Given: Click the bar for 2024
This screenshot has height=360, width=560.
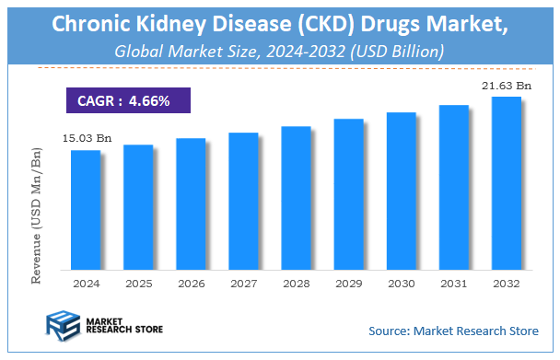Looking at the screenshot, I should coord(85,210).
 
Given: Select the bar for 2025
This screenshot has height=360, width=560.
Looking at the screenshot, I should coord(137,207).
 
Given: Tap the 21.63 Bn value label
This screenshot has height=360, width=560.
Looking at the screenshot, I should coord(506,85).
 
